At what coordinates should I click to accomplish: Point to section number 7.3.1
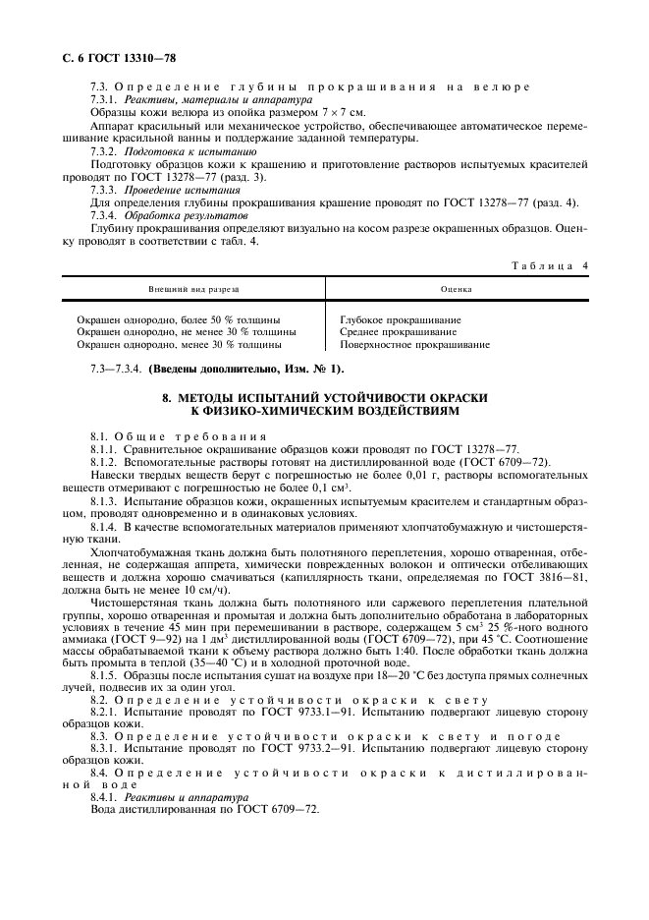point(103,100)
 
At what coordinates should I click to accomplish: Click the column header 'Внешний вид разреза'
point(193,290)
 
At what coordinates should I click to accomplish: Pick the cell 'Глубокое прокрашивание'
point(400,320)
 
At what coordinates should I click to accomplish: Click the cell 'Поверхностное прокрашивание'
point(414,346)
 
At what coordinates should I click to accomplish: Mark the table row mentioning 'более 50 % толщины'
point(178,320)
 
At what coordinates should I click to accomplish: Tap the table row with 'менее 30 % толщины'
point(178,346)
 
